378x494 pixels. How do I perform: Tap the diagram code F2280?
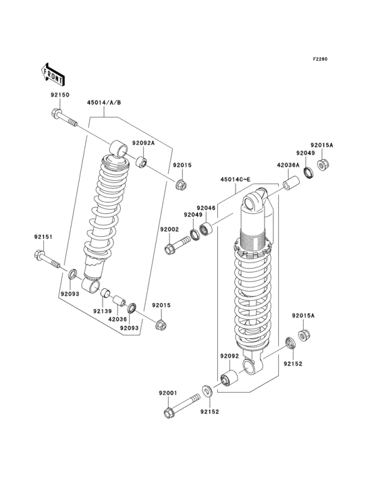pyautogui.click(x=320, y=59)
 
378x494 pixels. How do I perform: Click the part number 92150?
pyautogui.click(x=59, y=95)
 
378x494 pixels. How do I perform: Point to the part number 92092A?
pyautogui.click(x=143, y=143)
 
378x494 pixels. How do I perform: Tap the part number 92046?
pyautogui.click(x=206, y=208)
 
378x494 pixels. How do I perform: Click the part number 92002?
pyautogui.click(x=169, y=229)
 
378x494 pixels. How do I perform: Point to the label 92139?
pyautogui.click(x=102, y=311)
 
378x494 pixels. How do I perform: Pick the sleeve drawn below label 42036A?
pyautogui.click(x=290, y=184)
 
